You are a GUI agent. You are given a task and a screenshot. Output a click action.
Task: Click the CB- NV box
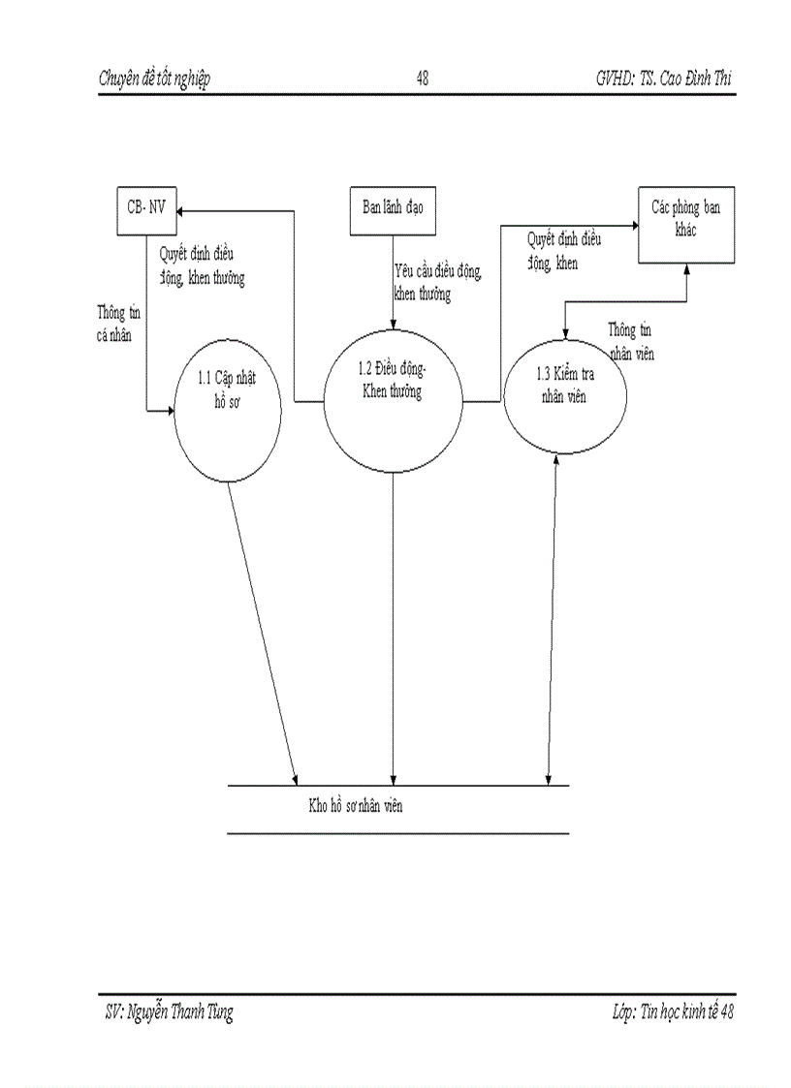tap(146, 209)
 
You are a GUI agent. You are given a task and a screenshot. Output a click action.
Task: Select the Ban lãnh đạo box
tap(393, 209)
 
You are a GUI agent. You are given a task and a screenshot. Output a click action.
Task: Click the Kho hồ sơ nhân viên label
tap(349, 806)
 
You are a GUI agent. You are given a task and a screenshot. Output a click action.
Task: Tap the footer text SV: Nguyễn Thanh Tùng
tap(169, 1013)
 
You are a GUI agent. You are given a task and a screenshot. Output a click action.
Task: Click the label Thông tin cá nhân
tap(114, 325)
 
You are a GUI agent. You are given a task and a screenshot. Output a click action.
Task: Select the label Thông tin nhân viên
tap(630, 341)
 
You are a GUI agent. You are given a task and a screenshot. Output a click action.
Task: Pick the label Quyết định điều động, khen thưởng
tap(202, 264)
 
